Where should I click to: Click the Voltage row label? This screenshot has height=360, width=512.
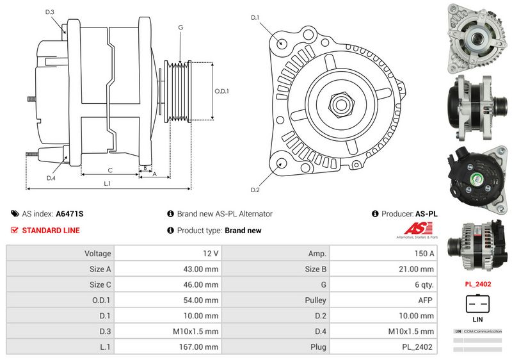click(x=98, y=254)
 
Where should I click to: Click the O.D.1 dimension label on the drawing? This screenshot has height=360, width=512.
click(x=221, y=90)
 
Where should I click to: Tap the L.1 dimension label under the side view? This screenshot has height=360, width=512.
click(x=108, y=184)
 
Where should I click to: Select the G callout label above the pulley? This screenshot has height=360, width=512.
click(x=181, y=27)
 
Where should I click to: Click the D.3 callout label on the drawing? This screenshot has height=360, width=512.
click(x=50, y=12)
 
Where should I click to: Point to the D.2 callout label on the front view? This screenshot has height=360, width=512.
click(x=255, y=190)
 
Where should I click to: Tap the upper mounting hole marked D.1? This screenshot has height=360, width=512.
click(x=282, y=43)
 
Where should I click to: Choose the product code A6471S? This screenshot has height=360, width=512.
click(x=70, y=214)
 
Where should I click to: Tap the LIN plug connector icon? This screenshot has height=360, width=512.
click(x=476, y=303)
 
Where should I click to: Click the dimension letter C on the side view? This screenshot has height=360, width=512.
click(x=110, y=170)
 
